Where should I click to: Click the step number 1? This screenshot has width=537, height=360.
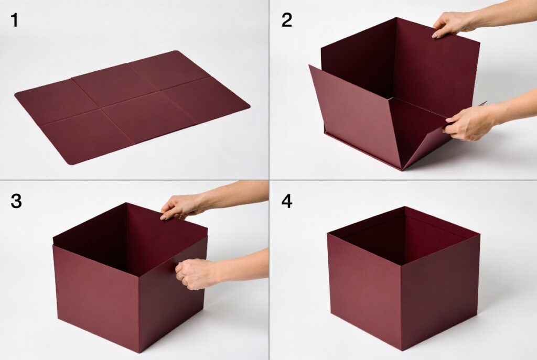pos(14,20)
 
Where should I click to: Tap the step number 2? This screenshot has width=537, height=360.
pos(287,20)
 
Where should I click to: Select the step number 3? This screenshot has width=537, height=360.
pos(16,201)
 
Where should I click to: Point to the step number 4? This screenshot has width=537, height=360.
pos(287,201)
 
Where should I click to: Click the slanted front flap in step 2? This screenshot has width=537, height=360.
pos(356,116)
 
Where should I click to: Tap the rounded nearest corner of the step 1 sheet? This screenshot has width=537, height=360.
pos(71,163)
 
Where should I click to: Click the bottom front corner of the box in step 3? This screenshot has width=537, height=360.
pos(139,352)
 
